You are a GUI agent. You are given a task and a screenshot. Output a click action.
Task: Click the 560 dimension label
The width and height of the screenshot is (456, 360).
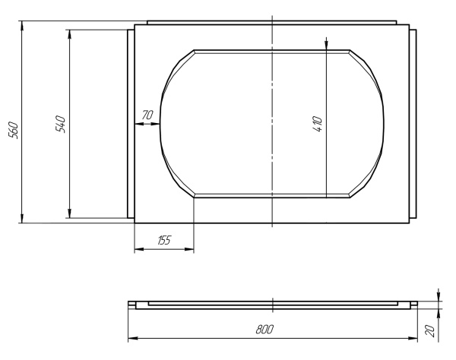pyautogui.click(x=14, y=131)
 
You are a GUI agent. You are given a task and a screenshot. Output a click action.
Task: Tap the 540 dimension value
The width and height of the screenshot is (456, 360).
pyautogui.click(x=61, y=124)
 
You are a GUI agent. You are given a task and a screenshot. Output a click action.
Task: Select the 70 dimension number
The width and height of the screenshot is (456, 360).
pyautogui.click(x=147, y=115)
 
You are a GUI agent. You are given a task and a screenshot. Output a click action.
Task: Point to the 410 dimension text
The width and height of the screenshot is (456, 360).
pyautogui.click(x=318, y=124)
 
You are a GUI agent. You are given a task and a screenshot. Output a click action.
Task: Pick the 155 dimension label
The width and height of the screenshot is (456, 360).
pyautogui.click(x=164, y=240)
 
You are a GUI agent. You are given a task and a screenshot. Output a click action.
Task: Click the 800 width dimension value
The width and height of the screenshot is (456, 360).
pyautogui.click(x=264, y=329)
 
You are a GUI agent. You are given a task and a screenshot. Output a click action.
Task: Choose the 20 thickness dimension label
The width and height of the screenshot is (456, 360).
pyautogui.click(x=430, y=331)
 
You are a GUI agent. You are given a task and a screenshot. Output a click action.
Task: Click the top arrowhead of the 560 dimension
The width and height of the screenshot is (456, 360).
pyautogui.click(x=22, y=26)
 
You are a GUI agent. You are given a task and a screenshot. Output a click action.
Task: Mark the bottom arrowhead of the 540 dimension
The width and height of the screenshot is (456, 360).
pyautogui.click(x=69, y=213)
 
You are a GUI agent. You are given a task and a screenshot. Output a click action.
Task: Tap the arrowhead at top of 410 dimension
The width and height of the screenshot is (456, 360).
pyautogui.click(x=326, y=43)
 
